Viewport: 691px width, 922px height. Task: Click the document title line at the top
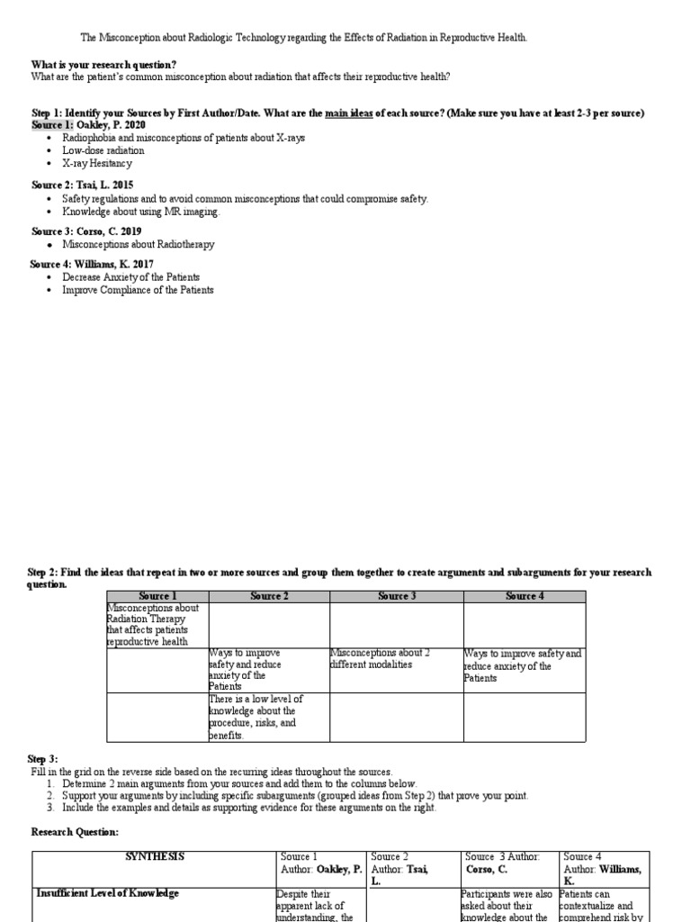coord(304,37)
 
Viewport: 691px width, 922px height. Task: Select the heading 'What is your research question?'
coord(103,64)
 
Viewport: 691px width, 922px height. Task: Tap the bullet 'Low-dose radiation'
coord(103,150)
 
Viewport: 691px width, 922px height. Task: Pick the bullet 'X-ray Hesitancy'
coord(96,163)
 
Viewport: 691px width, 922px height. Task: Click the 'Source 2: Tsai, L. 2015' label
coord(81,184)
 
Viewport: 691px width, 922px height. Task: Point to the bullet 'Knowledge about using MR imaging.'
coord(139,212)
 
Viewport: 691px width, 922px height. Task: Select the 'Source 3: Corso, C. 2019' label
coord(85,230)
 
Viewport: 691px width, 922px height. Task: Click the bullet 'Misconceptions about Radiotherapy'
coord(138,244)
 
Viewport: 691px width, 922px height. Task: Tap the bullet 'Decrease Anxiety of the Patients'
coord(130,277)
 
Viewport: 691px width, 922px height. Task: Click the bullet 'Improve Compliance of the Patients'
coord(138,290)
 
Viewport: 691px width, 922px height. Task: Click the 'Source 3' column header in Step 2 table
coord(396,596)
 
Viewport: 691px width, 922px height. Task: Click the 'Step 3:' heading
coord(42,759)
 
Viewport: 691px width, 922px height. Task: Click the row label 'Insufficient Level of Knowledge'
coord(107,893)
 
